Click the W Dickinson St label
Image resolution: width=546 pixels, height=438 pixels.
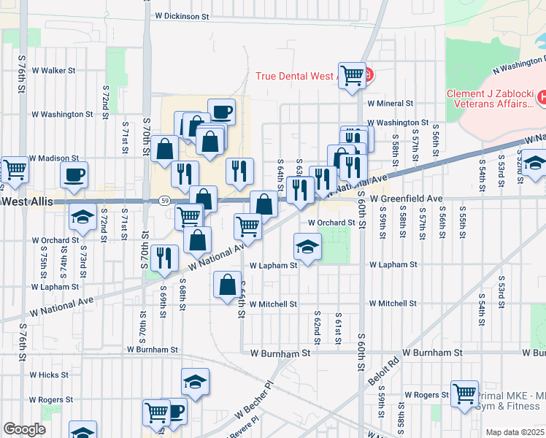click(182, 15)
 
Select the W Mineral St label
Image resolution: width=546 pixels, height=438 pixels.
click(391, 104)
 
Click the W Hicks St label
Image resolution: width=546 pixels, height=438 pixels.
click(49, 375)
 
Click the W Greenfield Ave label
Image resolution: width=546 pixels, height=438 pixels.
click(406, 199)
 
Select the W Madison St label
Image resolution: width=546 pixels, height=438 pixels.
click(54, 158)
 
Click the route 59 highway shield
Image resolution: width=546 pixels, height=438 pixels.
click(166, 201)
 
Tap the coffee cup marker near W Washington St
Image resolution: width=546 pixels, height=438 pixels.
click(221, 112)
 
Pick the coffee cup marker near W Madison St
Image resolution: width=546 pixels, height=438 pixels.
click(74, 174)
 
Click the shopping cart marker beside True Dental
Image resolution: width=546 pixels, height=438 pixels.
click(353, 73)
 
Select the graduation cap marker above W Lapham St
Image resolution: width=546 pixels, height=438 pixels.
click(308, 246)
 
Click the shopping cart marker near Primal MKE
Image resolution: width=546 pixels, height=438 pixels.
click(464, 394)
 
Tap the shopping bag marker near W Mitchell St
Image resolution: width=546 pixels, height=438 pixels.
click(228, 284)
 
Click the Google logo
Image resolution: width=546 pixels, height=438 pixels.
click(24, 429)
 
